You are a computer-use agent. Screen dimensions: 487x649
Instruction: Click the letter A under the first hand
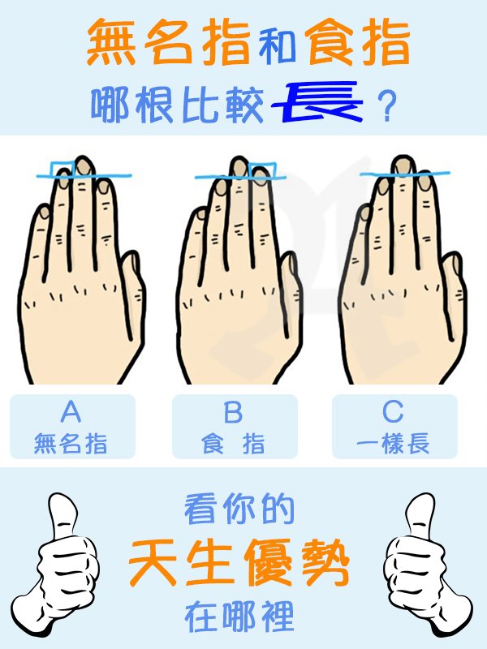tap(71, 411)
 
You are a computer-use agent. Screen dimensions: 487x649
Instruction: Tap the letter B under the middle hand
tap(233, 412)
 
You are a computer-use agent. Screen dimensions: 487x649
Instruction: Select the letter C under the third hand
tap(393, 411)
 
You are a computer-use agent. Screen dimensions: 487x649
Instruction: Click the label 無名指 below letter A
tap(71, 443)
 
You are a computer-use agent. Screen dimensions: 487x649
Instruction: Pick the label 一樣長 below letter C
tap(393, 443)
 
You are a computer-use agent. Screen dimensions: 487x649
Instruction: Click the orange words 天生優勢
tap(239, 563)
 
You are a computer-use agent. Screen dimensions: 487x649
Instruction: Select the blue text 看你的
tap(239, 509)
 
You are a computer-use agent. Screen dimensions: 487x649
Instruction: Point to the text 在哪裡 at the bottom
tap(239, 617)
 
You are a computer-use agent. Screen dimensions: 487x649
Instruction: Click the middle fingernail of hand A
tap(84, 166)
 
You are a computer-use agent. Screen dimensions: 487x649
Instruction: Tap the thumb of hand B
tap(291, 290)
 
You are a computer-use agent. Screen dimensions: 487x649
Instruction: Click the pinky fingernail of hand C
tap(365, 213)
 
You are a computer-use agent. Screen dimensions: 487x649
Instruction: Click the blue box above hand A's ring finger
tap(62, 170)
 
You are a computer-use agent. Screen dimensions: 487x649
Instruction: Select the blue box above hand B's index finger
tap(263, 170)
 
